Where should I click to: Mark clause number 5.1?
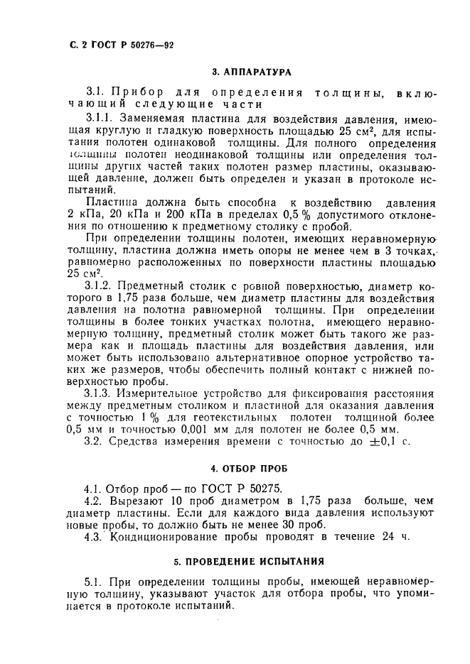pyautogui.click(x=94, y=582)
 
